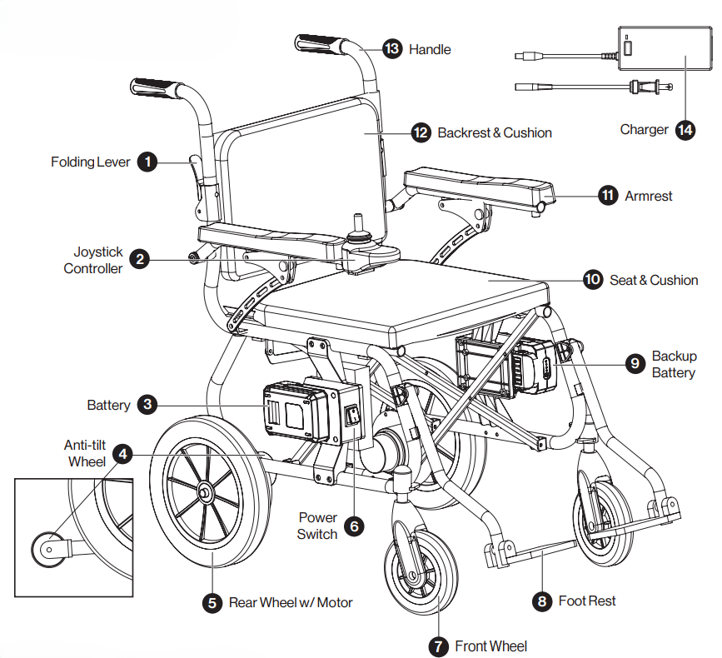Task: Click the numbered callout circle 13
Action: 391,48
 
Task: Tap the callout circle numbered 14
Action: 685,130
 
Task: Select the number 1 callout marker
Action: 147,162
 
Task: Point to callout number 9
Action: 635,362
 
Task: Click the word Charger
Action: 644,130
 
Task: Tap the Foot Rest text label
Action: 587,601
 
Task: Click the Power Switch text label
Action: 317,526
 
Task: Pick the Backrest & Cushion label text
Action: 495,132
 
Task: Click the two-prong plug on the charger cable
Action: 645,85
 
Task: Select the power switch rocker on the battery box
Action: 353,415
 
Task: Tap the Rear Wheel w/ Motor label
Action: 291,602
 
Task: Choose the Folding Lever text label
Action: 90,162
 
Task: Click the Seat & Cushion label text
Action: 654,280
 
